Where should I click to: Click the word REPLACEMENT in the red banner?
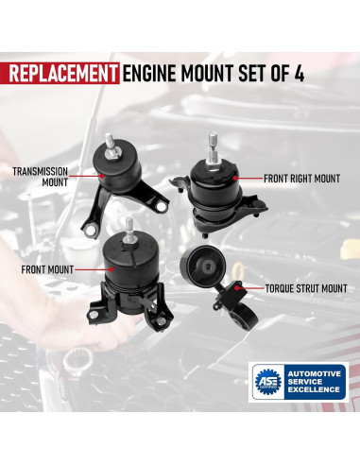click(62, 74)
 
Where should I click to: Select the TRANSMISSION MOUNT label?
click(40, 177)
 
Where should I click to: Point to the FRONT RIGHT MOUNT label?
click(301, 179)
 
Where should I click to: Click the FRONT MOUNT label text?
click(47, 269)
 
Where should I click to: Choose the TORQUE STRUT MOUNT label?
click(306, 288)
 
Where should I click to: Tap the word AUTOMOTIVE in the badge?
click(314, 374)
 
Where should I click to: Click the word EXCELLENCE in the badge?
click(314, 389)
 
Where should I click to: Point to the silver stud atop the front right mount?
click(213, 148)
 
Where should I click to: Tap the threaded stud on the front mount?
click(129, 230)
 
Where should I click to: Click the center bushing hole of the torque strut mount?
click(208, 267)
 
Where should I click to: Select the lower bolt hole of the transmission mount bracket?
click(91, 231)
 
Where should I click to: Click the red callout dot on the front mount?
click(111, 269)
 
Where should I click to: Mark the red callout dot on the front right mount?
click(235, 179)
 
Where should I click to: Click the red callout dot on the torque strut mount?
click(237, 288)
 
